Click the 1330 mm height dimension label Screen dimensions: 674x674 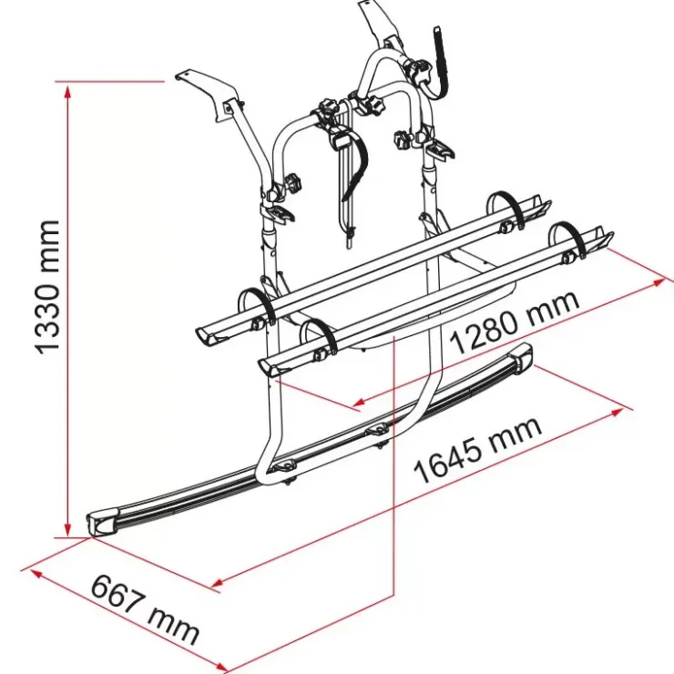pyautogui.click(x=48, y=288)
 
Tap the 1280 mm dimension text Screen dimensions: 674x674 pyautogui.click(x=515, y=322)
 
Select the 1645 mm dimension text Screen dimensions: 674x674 pyautogui.click(x=477, y=450)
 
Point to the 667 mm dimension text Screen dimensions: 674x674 pyautogui.click(x=146, y=609)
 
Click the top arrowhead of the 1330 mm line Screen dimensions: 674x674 pyautogui.click(x=67, y=92)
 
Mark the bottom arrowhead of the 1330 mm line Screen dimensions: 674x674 pyautogui.click(x=67, y=528)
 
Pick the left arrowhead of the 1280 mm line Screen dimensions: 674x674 pyautogui.click(x=359, y=403)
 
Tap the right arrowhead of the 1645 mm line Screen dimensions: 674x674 pyautogui.click(x=618, y=413)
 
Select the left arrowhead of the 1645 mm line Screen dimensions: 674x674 pyautogui.click(x=218, y=583)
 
